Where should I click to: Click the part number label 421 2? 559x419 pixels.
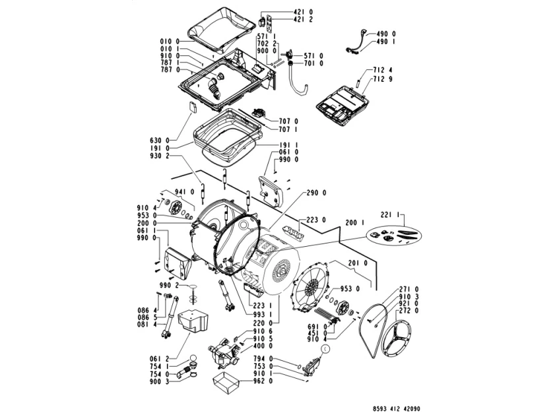[303, 19]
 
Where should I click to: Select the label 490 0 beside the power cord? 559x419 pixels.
[386, 34]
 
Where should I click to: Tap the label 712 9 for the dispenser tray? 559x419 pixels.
[383, 79]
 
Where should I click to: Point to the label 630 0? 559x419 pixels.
[159, 141]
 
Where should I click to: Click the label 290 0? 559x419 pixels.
[317, 193]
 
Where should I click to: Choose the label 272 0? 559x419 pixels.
[409, 311]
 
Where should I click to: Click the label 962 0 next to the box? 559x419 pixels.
[263, 381]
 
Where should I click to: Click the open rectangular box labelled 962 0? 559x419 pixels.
[226, 383]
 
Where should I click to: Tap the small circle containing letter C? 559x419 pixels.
[325, 350]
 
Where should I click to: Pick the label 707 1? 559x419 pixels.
[288, 129]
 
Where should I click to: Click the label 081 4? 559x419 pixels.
[147, 324]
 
